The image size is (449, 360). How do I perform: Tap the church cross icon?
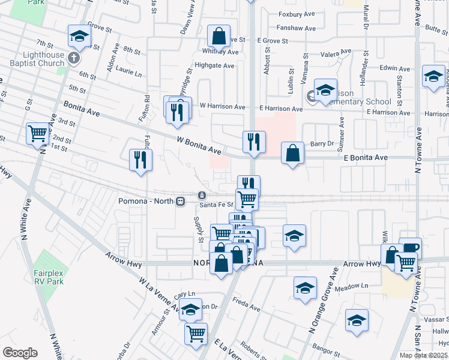(x=73, y=58)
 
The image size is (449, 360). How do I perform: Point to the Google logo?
(x=20, y=353)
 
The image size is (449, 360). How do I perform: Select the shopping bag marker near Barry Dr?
(x=292, y=154)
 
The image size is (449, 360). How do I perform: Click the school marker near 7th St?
(x=79, y=37)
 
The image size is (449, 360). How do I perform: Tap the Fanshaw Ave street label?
(x=297, y=28)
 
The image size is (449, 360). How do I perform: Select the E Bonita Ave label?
(x=366, y=157)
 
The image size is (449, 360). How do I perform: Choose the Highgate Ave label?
(x=214, y=66)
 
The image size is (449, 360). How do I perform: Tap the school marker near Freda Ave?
(x=305, y=288)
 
